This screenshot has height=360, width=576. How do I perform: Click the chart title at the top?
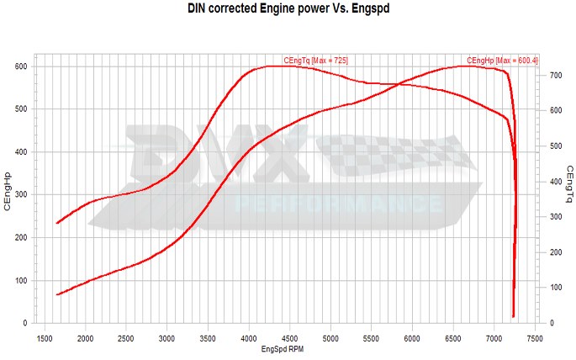coord(288,11)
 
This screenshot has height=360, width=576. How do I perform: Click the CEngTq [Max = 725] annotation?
coord(316,61)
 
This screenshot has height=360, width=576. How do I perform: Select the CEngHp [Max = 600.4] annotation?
coord(501,61)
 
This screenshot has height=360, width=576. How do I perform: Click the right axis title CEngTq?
coord(568,186)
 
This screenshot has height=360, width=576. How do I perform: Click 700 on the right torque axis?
coord(555,76)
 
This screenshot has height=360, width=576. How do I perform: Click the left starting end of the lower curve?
coord(57,294)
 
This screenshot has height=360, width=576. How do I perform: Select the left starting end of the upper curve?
coord(57,223)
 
